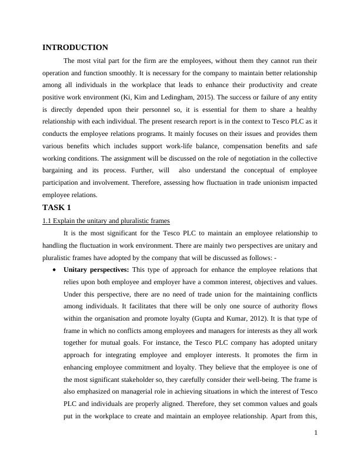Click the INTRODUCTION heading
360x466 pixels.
coord(75,47)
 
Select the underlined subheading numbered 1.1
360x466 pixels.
coord(106,221)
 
